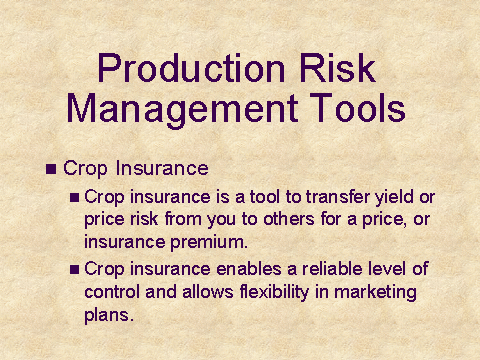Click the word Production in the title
[x=191, y=68]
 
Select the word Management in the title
[x=182, y=109]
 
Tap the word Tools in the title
[x=358, y=107]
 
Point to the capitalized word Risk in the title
[x=337, y=68]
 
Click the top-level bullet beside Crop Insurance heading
[x=51, y=169]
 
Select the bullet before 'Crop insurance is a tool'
[x=74, y=198]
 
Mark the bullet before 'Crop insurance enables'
[x=74, y=269]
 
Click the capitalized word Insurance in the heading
[x=162, y=168]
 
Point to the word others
[x=289, y=219]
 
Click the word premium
[x=209, y=243]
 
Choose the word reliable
[x=332, y=268]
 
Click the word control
[x=112, y=292]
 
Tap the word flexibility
[x=275, y=292]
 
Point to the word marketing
[x=375, y=292]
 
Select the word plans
[x=109, y=315]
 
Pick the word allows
[x=208, y=292]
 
